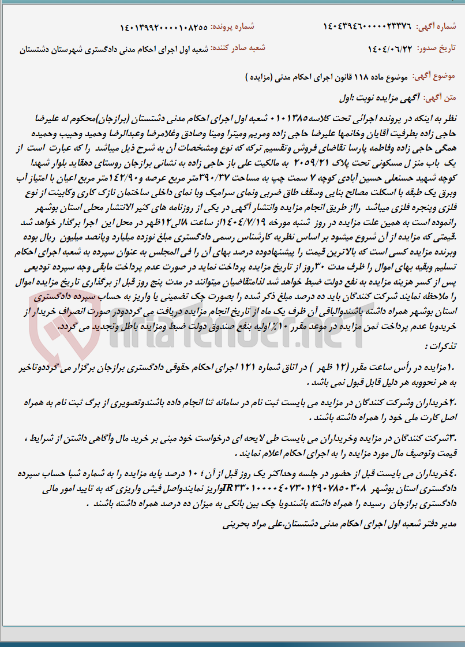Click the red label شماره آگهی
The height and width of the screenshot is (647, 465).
tap(441, 27)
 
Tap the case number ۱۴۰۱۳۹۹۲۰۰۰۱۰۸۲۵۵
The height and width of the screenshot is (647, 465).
tap(164, 27)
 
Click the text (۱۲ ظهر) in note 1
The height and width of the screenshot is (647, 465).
tap(328, 367)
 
